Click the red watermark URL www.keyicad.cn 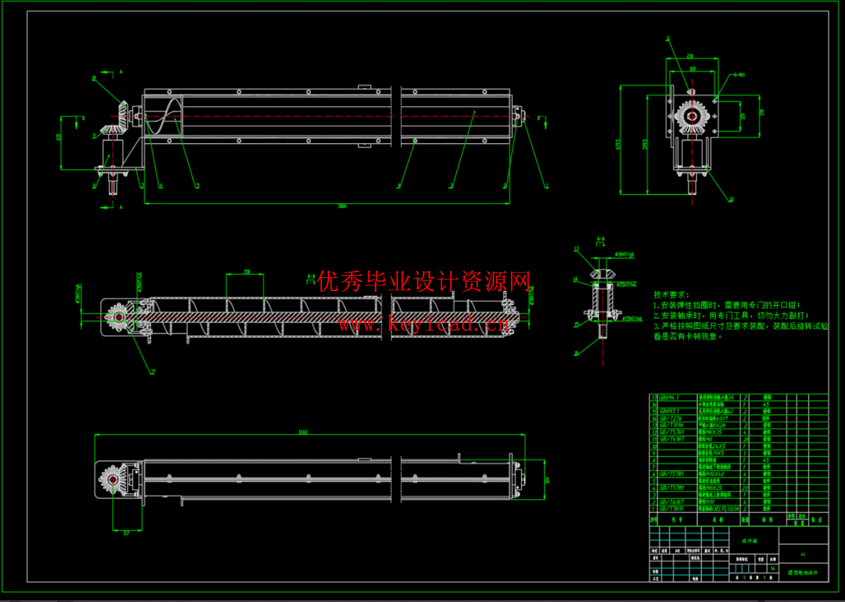[x=423, y=325]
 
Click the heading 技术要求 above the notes [x=671, y=295]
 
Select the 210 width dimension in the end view [x=690, y=56]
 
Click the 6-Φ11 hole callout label [x=739, y=75]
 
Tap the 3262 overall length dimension [x=303, y=432]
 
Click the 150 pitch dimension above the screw [x=247, y=272]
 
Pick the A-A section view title [x=601, y=239]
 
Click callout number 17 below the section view [x=152, y=371]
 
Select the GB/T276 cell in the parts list [x=671, y=418]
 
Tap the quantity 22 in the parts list [x=745, y=488]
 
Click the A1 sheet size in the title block [x=803, y=554]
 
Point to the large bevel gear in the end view [x=691, y=114]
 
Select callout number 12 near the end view [x=731, y=199]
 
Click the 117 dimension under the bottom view [x=126, y=533]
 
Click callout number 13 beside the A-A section [x=576, y=249]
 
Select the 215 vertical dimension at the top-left [x=59, y=137]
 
